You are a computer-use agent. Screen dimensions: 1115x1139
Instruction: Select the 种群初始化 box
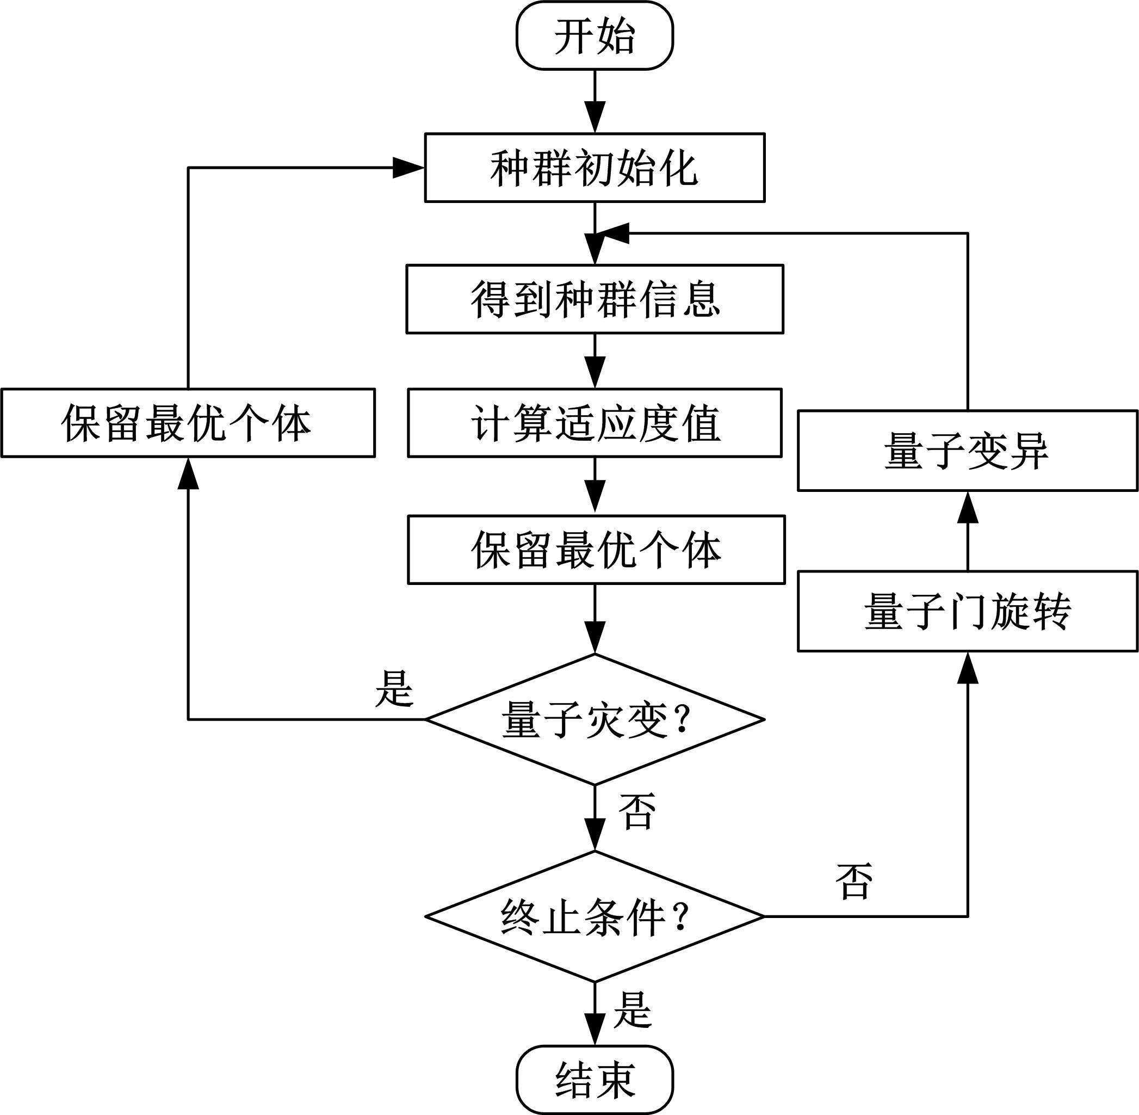(x=594, y=168)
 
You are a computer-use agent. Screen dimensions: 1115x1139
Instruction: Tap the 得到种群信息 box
(x=595, y=299)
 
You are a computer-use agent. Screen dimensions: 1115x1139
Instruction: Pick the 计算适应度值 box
(x=595, y=423)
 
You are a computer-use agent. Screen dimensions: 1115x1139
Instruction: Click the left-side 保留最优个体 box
(x=188, y=423)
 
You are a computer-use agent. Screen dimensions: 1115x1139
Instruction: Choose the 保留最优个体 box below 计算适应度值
(x=596, y=549)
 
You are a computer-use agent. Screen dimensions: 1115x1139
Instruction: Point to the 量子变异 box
(x=967, y=451)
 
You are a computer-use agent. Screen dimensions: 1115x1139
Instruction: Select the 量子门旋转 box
(x=967, y=612)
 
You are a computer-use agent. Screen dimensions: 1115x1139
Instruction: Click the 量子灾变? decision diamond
(x=595, y=719)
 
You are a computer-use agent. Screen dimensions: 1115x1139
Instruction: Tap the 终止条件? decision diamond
(x=595, y=916)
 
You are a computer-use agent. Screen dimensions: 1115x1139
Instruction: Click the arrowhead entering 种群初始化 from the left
(x=408, y=168)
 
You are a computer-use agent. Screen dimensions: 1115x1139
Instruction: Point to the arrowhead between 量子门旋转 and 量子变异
(x=968, y=507)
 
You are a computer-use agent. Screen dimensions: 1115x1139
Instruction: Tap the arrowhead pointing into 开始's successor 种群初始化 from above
(x=595, y=118)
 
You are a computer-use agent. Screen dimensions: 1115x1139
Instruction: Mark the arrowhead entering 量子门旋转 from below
(x=968, y=668)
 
